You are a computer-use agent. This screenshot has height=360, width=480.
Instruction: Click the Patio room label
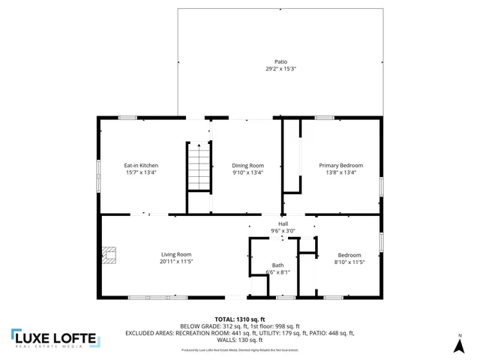[280, 61]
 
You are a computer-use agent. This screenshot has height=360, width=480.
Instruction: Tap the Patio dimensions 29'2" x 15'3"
[280, 69]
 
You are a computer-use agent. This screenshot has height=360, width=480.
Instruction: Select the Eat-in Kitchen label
[141, 165]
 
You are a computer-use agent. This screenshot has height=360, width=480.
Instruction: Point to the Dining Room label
[247, 165]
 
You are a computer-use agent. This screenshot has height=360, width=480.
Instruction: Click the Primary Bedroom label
[340, 165]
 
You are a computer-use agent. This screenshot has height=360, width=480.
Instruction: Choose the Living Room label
[176, 254]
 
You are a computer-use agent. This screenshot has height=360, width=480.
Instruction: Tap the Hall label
[283, 223]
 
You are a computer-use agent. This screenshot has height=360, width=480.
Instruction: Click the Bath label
[277, 265]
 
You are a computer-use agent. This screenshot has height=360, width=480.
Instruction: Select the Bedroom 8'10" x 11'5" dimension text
[349, 261]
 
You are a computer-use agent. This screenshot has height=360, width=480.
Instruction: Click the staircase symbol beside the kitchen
[198, 169]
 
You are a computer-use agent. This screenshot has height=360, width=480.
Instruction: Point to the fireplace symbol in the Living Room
[110, 256]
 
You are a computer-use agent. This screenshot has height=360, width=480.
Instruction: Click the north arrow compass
[460, 345]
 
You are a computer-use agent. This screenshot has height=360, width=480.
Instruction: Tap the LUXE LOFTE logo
[54, 338]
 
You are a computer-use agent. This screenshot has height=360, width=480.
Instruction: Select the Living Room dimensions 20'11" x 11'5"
[176, 261]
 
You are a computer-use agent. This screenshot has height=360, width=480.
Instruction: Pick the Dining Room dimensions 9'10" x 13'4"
[247, 172]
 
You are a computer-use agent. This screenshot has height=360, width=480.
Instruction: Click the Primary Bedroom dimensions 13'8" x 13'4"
[340, 172]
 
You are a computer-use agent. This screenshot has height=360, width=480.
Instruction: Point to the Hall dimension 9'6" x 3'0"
[283, 230]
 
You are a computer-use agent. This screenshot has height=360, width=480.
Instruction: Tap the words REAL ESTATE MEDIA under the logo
[54, 347]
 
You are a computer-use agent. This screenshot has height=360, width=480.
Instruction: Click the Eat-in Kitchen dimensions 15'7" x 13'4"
[141, 172]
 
